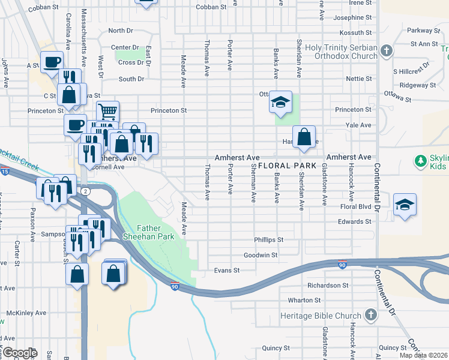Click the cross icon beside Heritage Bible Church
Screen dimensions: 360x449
coord(371,315)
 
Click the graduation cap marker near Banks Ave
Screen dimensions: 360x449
coord(280,102)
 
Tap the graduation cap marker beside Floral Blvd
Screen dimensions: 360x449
coord(405,204)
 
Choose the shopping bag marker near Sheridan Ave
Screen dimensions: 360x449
coord(304,136)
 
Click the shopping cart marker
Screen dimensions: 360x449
coord(107,112)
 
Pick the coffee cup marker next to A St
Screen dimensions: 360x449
coord(52,61)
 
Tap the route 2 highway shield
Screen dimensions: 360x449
coord(86,191)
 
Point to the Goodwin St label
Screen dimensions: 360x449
coord(261,255)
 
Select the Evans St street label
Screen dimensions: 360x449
coord(227,271)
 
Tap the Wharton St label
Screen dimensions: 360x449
coord(300,300)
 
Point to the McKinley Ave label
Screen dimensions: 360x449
coord(26,313)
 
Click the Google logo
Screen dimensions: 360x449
coord(19,352)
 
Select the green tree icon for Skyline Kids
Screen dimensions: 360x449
coord(421,160)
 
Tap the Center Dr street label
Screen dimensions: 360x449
coord(125,47)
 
